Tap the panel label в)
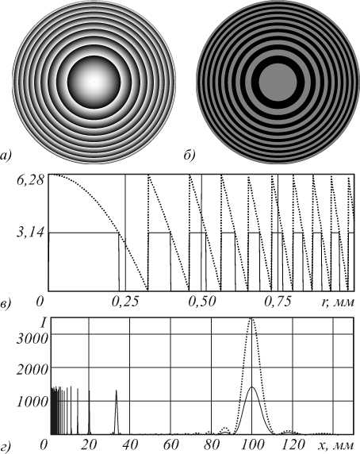[x=6, y=304]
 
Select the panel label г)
[x=6, y=448]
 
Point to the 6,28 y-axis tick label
[x=30, y=179]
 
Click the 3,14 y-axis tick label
[x=30, y=233]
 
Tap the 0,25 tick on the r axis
[x=125, y=302]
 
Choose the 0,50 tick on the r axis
[x=201, y=302]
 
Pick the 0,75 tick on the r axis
[x=278, y=302]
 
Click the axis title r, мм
[x=338, y=302]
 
